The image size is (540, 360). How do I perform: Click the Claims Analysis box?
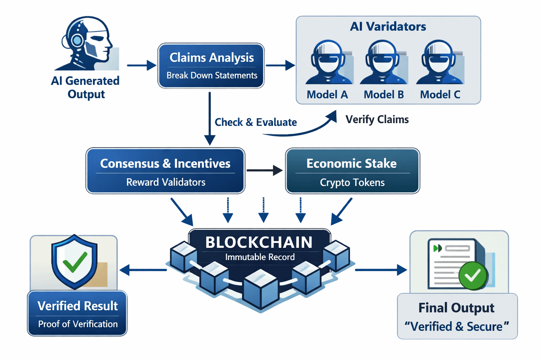pos(211,66)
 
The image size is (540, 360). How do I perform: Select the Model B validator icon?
pos(383,63)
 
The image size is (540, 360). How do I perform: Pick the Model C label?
pos(440,95)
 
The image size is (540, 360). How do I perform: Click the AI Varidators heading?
pos(388,27)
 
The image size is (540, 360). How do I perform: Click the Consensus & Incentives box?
pos(165,171)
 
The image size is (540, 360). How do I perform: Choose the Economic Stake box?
pos(352,171)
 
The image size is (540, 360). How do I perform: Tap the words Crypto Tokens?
pos(352,182)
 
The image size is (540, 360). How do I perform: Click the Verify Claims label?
pos(377,120)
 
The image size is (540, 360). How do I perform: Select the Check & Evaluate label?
pos(256,122)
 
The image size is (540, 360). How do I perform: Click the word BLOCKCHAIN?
pos(259,243)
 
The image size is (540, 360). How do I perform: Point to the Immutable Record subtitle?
pos(260,257)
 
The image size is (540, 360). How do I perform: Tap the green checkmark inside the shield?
pos(75,262)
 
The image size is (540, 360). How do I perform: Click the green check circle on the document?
pos(472,276)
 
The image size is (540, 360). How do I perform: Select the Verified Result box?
pos(77,313)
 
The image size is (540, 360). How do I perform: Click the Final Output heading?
pos(456,308)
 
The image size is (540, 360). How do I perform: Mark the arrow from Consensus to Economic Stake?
pos(264,171)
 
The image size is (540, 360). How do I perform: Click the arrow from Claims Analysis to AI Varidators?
pos(280,65)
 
